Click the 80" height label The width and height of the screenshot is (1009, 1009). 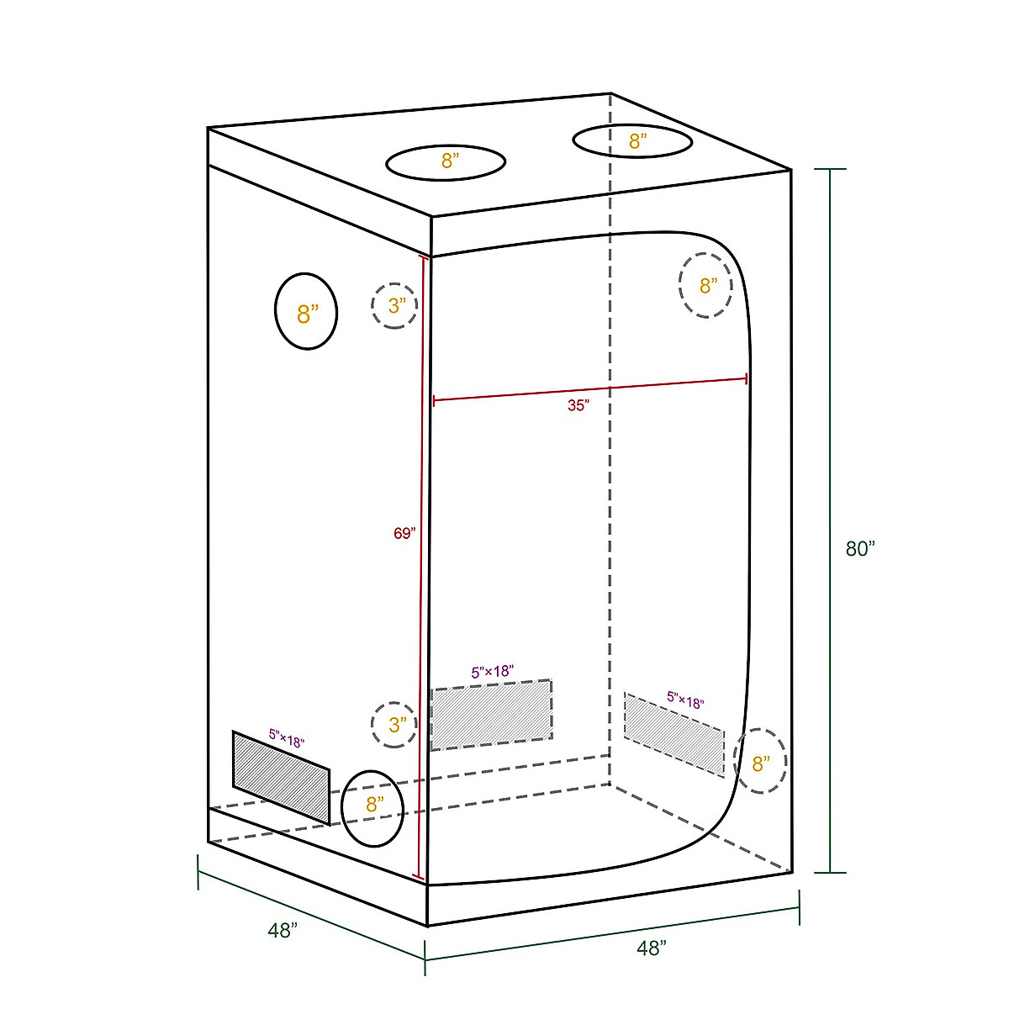coord(860,548)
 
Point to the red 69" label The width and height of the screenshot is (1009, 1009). coord(404,533)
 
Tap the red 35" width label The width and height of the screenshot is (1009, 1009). coord(578,405)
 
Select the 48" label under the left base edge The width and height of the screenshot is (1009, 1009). coord(283,931)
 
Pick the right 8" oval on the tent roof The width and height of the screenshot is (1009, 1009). coord(632,140)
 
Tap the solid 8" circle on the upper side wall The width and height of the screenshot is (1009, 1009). coord(306,312)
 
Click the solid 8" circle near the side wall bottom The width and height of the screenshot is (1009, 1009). coord(373,808)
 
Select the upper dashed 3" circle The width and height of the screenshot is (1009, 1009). coord(394,305)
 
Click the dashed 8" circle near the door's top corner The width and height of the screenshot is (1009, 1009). coord(705,286)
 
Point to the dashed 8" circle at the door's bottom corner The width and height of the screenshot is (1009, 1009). coord(760,762)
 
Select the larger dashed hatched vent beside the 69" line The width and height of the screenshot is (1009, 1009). coord(491,714)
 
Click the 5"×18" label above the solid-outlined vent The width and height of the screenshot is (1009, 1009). coord(287,738)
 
